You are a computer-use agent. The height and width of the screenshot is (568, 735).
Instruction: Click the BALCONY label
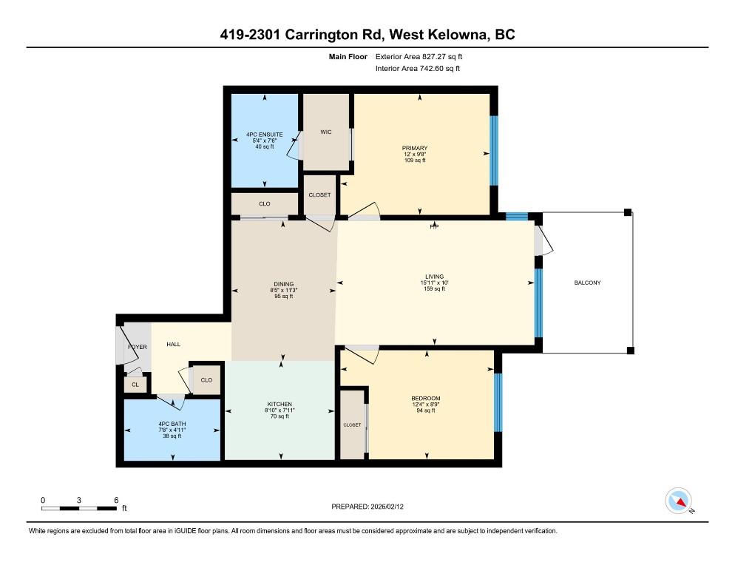587,283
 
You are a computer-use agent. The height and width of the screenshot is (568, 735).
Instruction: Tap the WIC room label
326,132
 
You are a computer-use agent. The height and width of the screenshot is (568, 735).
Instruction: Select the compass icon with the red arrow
678,501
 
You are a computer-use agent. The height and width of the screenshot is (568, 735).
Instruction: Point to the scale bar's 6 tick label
116,500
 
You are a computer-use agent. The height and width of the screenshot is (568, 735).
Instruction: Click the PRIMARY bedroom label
415,148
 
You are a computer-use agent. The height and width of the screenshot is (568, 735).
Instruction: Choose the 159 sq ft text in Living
435,289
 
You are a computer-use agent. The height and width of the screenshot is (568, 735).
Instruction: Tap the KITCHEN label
280,405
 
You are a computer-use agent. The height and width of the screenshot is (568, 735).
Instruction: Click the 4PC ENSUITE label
265,135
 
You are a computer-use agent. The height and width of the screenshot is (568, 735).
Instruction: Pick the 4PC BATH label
172,424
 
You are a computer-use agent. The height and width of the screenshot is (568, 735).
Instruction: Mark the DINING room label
284,284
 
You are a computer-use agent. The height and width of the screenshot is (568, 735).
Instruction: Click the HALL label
174,344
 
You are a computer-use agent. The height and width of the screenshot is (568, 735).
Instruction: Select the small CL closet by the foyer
135,385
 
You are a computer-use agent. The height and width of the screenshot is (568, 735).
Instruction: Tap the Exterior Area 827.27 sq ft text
419,57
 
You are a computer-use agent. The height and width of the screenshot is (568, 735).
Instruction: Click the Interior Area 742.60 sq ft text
418,69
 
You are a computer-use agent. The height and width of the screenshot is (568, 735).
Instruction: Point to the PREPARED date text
367,507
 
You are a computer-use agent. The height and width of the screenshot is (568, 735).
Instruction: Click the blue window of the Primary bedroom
494,151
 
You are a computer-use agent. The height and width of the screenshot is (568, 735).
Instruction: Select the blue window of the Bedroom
498,402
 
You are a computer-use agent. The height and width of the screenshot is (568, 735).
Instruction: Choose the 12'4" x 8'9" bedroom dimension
426,405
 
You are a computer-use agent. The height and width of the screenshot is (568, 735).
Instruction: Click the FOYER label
138,347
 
